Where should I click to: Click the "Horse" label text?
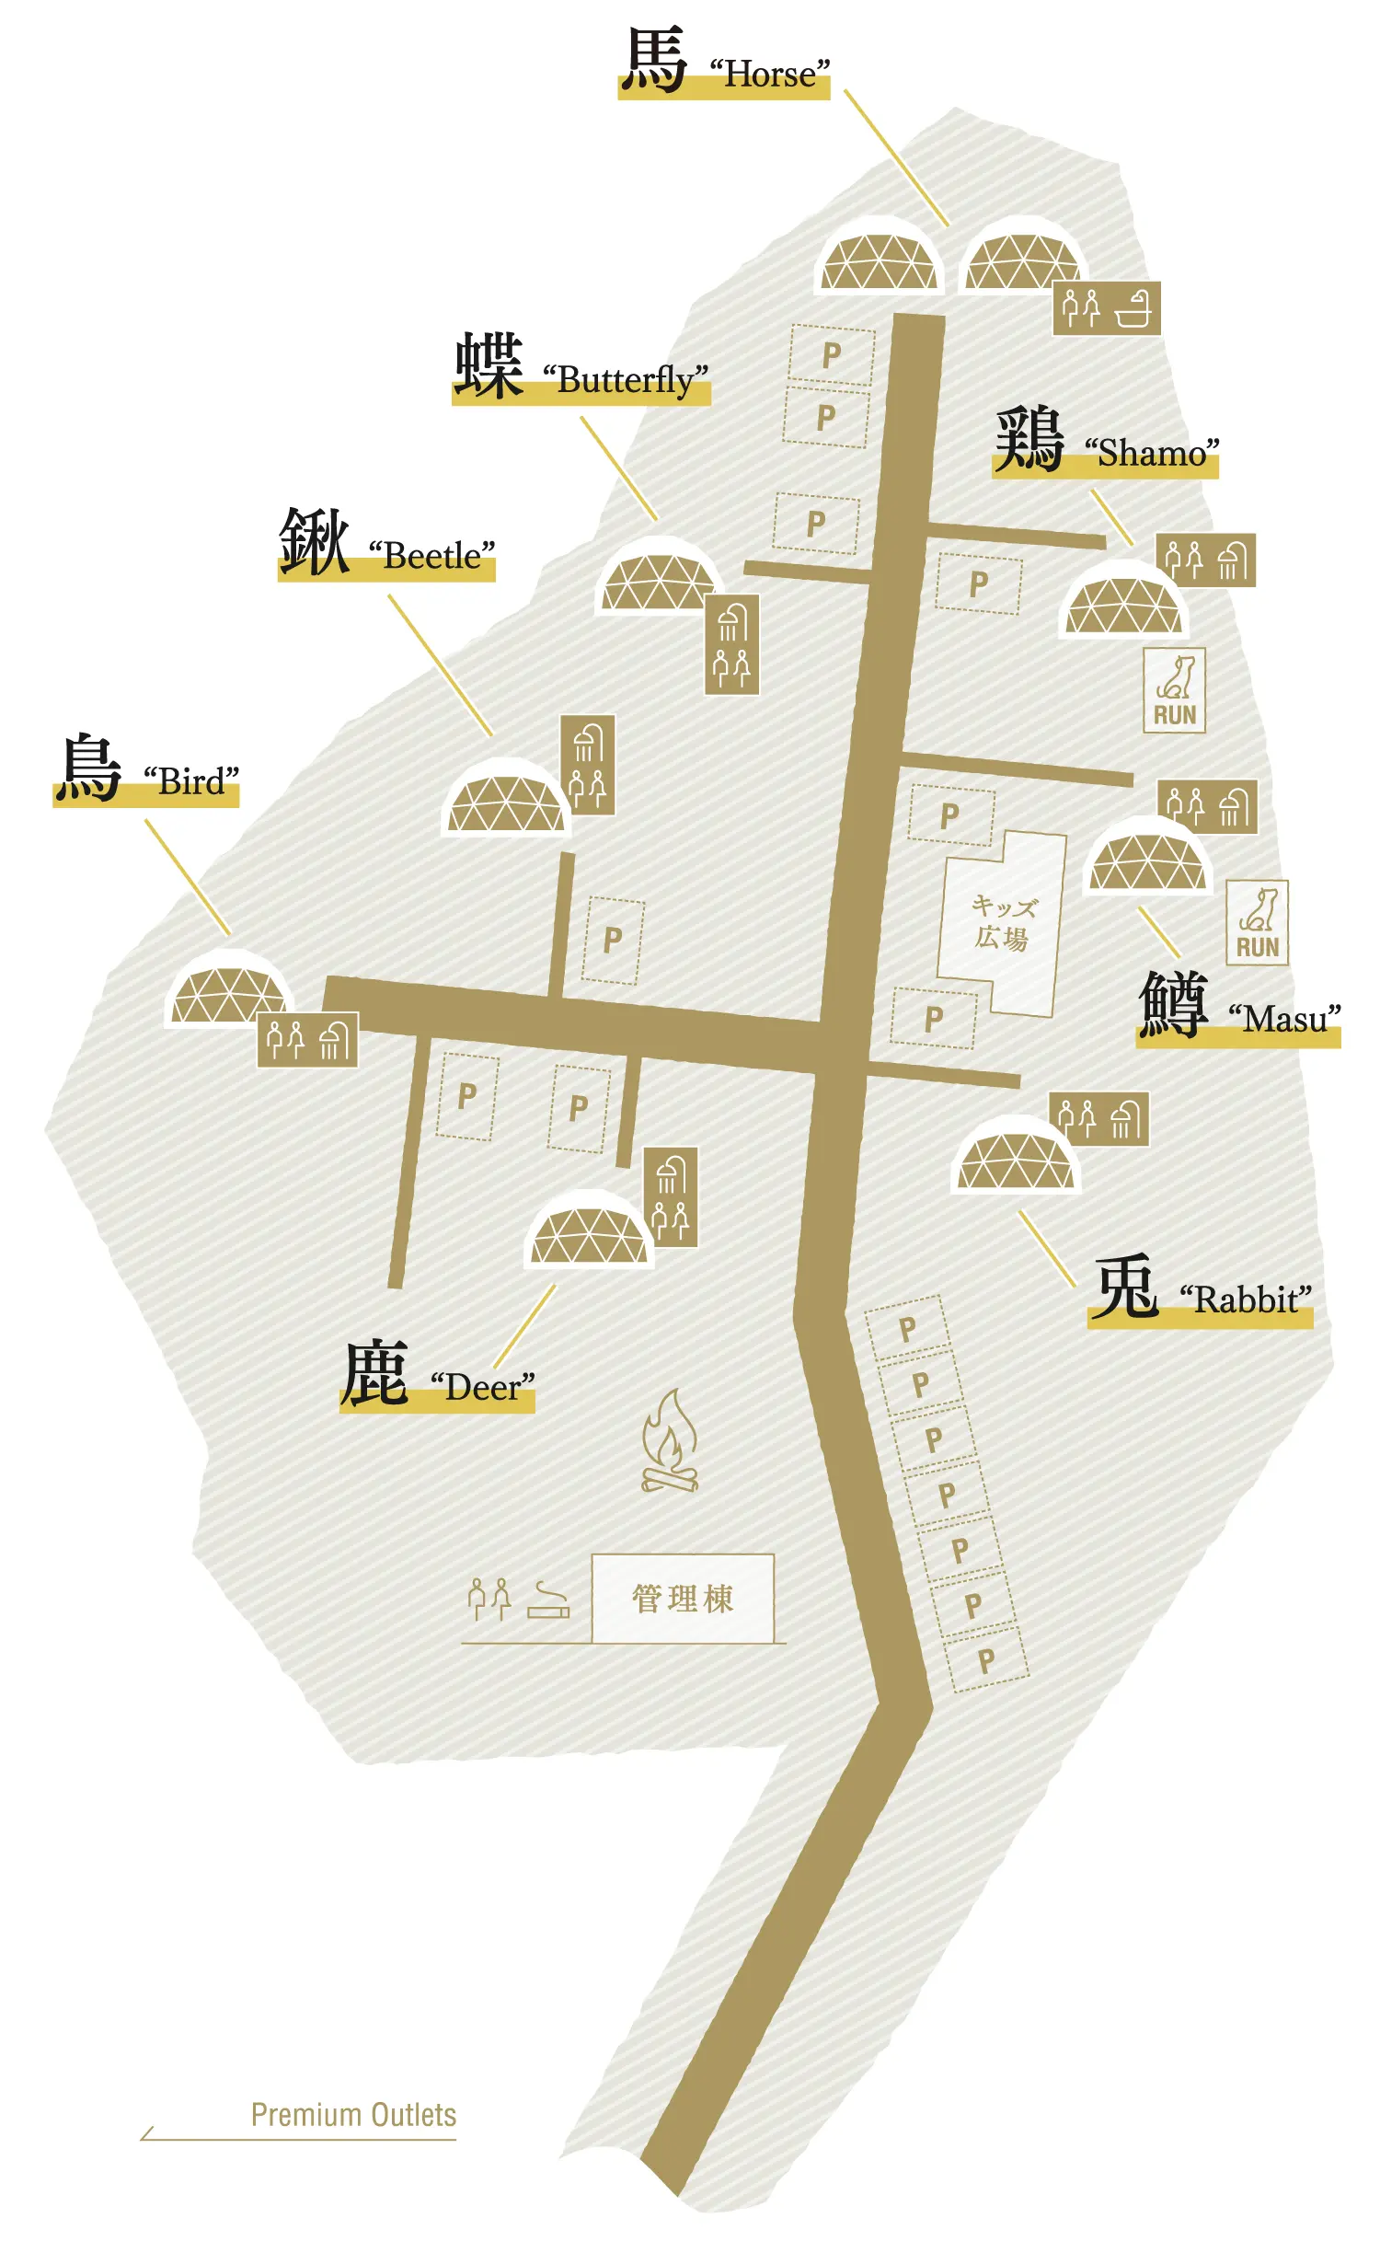(x=770, y=74)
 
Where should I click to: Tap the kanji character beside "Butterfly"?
(x=489, y=365)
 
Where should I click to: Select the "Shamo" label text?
(x=1152, y=453)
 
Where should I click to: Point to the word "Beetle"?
(x=431, y=556)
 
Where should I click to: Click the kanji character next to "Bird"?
(x=87, y=768)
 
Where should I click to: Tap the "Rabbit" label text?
(x=1246, y=1300)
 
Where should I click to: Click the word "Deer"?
(x=482, y=1387)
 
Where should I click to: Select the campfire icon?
(x=670, y=1441)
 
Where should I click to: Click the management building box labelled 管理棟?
(x=683, y=1599)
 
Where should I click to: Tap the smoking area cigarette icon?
(x=548, y=1600)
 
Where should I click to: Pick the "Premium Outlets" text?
(x=353, y=2115)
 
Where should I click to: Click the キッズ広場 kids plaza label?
(x=1002, y=923)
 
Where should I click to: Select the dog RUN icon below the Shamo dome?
(x=1175, y=690)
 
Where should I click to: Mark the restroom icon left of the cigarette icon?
(x=489, y=1600)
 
